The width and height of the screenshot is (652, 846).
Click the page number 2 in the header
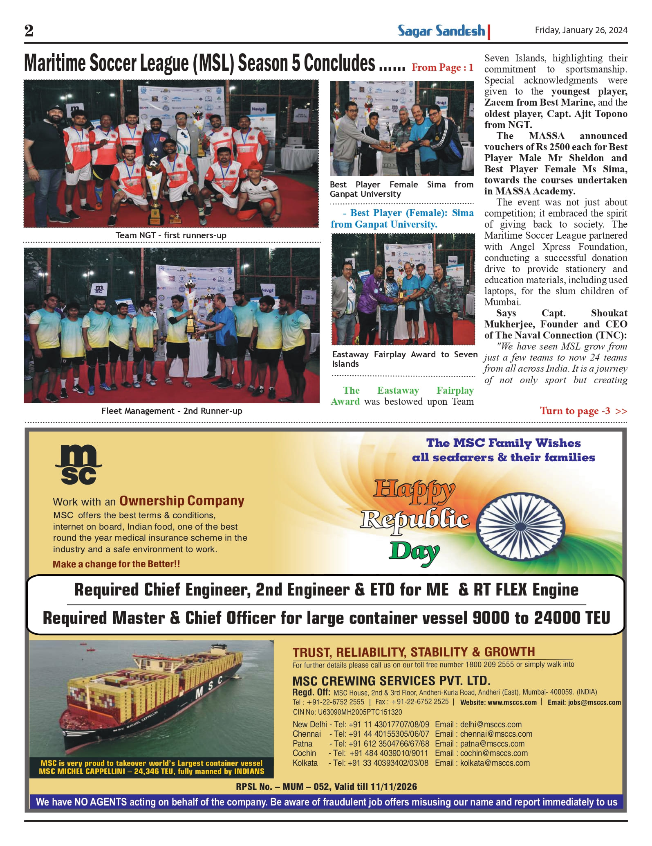tap(29, 31)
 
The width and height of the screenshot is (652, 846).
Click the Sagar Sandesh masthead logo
tap(441, 31)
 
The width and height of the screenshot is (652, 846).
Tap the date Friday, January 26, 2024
tap(581, 30)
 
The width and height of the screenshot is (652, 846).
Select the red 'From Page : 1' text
tap(442, 68)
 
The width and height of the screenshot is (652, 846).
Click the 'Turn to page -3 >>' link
tap(583, 411)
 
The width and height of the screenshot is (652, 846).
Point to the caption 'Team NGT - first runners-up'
tap(171, 235)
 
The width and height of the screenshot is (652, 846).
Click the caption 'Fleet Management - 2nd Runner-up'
tap(172, 411)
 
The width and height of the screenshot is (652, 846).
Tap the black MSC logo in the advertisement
tap(78, 465)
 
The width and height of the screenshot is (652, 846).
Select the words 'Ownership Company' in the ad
tap(182, 501)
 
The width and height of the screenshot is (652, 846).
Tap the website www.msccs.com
tap(512, 702)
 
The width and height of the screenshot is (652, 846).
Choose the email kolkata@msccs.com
tap(495, 763)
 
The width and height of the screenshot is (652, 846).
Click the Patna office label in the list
tap(302, 744)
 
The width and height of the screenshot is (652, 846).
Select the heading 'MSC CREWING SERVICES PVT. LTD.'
tap(391, 681)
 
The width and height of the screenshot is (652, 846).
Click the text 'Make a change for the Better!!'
tap(117, 564)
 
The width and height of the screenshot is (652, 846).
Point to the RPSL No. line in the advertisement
tap(326, 787)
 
